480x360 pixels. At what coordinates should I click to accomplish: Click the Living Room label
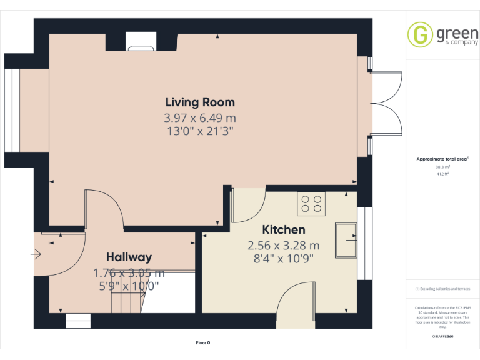point(200,102)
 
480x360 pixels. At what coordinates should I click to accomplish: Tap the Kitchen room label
point(283,230)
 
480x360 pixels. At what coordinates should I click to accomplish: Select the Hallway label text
point(129,257)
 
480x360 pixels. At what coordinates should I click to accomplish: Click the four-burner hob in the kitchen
point(312,204)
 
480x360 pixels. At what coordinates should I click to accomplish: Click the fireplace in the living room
point(141,41)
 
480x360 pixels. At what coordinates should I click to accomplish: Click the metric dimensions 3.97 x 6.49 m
point(200,117)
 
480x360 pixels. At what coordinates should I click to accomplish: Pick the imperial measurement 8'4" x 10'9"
point(283,257)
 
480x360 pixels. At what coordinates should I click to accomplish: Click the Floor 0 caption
point(203,342)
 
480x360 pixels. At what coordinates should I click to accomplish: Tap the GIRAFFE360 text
point(442,336)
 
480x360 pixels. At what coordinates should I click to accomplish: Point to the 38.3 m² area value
point(442,167)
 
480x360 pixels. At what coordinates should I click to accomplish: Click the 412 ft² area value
point(442,174)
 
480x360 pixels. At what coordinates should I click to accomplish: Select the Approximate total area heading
point(442,159)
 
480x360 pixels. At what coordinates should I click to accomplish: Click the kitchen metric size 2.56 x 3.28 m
point(283,245)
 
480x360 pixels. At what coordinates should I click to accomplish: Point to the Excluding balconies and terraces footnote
point(442,289)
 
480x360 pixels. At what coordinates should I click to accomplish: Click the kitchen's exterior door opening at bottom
point(296,321)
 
